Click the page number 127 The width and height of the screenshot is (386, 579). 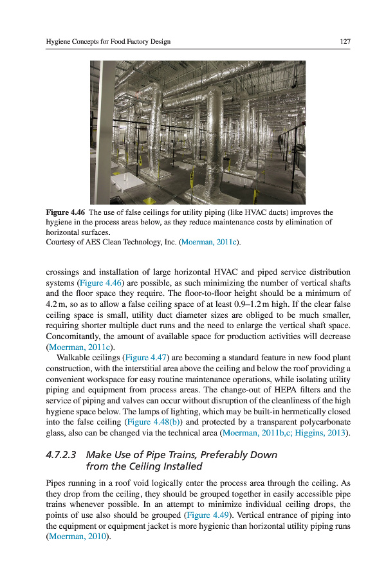345,42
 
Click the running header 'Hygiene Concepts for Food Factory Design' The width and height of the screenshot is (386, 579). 108,42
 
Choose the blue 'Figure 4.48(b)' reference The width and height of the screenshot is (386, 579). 153,421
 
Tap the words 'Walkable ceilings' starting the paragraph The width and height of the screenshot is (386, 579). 88,356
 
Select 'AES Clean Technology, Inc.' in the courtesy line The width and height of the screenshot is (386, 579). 133,242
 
